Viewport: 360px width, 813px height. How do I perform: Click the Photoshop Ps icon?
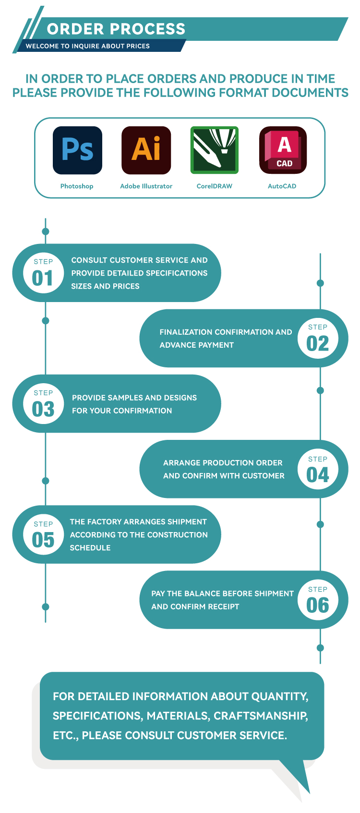click(x=77, y=150)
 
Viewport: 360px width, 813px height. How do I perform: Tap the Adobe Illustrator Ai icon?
click(x=146, y=150)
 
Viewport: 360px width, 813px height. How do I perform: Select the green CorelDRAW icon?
click(x=215, y=150)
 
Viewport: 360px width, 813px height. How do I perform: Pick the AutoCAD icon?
click(x=283, y=150)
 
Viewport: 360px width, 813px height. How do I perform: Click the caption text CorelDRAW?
click(x=215, y=186)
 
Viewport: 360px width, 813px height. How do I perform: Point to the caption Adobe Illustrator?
click(x=146, y=186)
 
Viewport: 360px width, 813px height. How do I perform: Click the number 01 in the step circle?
click(x=42, y=279)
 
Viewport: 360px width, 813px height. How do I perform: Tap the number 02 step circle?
click(x=318, y=338)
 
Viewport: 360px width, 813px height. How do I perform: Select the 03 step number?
click(x=43, y=410)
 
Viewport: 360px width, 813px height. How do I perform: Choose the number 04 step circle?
click(x=318, y=469)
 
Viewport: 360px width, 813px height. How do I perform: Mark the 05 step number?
click(x=43, y=540)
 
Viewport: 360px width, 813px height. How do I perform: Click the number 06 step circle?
click(x=318, y=600)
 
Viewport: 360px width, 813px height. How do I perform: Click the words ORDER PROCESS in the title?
click(x=116, y=29)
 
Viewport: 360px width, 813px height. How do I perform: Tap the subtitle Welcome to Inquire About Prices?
click(x=88, y=46)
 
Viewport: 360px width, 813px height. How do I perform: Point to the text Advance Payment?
click(x=197, y=345)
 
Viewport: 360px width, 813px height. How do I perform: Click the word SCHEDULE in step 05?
click(x=90, y=548)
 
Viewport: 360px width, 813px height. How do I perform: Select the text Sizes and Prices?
click(x=105, y=286)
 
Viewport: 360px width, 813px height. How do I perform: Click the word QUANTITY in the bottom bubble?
click(x=279, y=696)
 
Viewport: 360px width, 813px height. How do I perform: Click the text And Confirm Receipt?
click(x=195, y=607)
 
